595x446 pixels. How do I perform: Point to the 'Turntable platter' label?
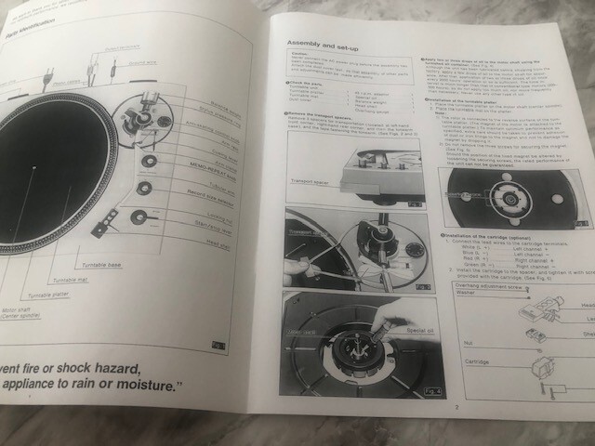coord(50,295)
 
